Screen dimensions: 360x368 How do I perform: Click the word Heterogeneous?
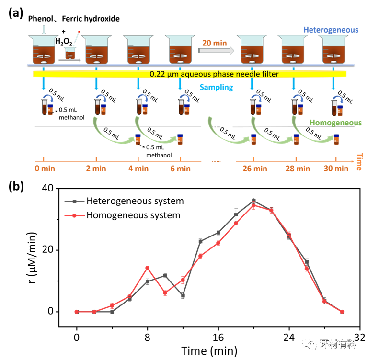point(331,30)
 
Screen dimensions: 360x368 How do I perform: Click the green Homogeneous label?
point(335,123)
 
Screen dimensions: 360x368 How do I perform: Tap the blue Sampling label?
point(216,87)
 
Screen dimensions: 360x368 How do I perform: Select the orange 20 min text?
point(214,43)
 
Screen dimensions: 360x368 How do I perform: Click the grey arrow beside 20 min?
point(216,50)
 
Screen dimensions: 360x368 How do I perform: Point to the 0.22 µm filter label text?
point(214,74)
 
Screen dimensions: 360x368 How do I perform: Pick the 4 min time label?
point(138,168)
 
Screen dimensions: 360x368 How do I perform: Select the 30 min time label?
point(335,168)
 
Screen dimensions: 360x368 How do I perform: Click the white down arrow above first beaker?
point(44,30)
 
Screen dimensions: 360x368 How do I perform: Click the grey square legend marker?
point(75,202)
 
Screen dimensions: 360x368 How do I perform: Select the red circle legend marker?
point(75,215)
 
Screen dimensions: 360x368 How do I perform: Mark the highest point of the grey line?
point(253,200)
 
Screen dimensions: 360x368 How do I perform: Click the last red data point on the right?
point(342,312)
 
